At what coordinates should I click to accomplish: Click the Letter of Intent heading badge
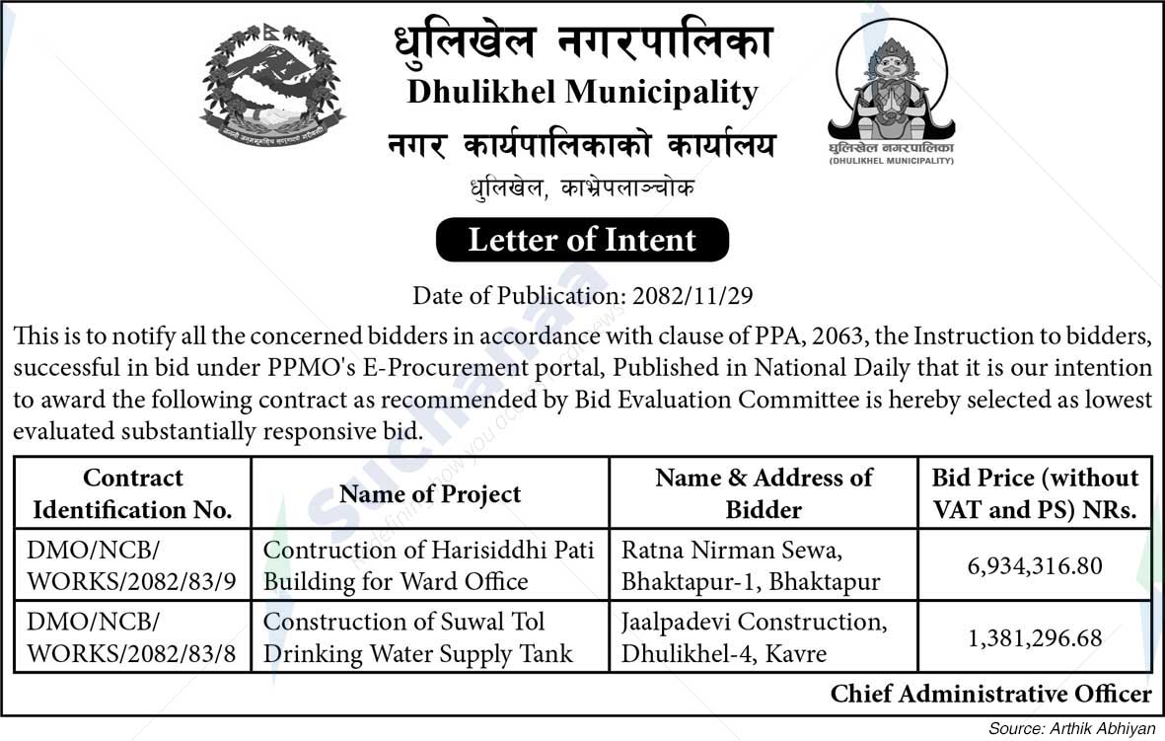pyautogui.click(x=582, y=240)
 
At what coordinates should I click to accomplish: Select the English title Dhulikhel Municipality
pyautogui.click(x=582, y=93)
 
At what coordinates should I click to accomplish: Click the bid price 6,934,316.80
pyautogui.click(x=1035, y=566)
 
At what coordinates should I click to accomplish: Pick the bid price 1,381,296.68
pyautogui.click(x=1035, y=638)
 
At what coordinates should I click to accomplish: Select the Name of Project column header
pyautogui.click(x=430, y=493)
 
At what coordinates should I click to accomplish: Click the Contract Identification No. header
pyautogui.click(x=133, y=493)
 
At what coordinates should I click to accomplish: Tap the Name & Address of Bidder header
pyautogui.click(x=764, y=493)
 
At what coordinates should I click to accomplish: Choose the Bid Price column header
pyautogui.click(x=1035, y=493)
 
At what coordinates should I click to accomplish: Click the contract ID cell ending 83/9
pyautogui.click(x=132, y=566)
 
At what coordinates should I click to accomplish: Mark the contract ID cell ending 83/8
pyautogui.click(x=132, y=638)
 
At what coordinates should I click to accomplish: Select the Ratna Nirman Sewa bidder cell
pyautogui.click(x=750, y=566)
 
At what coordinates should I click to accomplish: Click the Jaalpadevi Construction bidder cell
pyautogui.click(x=754, y=638)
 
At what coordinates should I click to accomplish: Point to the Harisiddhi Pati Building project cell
pyautogui.click(x=429, y=566)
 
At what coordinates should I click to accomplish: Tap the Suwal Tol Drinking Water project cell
pyautogui.click(x=418, y=638)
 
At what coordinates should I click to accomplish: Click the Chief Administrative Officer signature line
pyautogui.click(x=990, y=694)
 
